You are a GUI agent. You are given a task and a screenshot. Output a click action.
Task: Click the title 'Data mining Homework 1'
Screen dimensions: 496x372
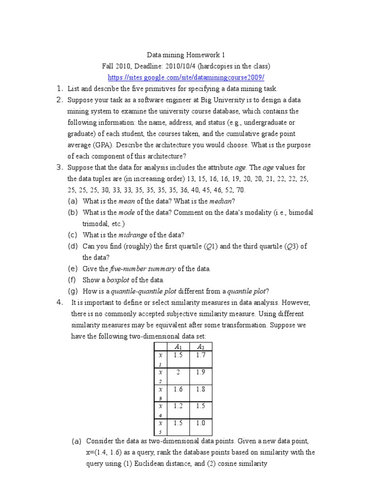[186, 56]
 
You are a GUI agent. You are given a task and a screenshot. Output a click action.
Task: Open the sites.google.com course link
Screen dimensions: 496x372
[186, 77]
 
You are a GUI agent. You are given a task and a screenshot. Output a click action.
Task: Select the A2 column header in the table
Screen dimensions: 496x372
[201, 346]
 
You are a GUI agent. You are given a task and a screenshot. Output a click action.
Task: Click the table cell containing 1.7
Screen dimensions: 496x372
[201, 356]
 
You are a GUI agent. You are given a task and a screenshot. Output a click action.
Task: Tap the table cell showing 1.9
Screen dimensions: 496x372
[201, 372]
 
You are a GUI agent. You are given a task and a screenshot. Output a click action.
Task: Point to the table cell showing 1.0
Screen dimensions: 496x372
[201, 423]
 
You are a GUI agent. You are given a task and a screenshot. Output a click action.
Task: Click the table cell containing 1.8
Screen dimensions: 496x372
[201, 389]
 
